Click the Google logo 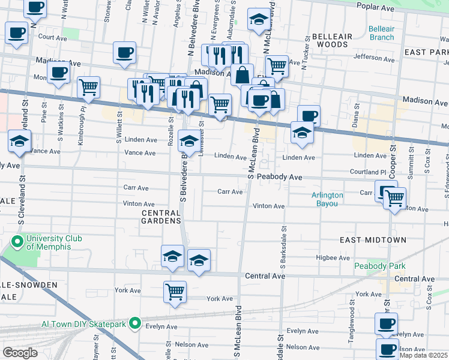[x=20, y=353]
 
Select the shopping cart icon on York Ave [x=175, y=292]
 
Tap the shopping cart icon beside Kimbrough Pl [x=88, y=87]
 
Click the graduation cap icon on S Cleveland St [x=19, y=142]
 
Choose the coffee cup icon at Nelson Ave [x=387, y=348]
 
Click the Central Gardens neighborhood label [x=161, y=217]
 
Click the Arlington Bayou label [x=327, y=199]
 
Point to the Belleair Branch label [x=381, y=33]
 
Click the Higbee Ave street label [x=333, y=257]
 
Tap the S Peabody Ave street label [x=278, y=178]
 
